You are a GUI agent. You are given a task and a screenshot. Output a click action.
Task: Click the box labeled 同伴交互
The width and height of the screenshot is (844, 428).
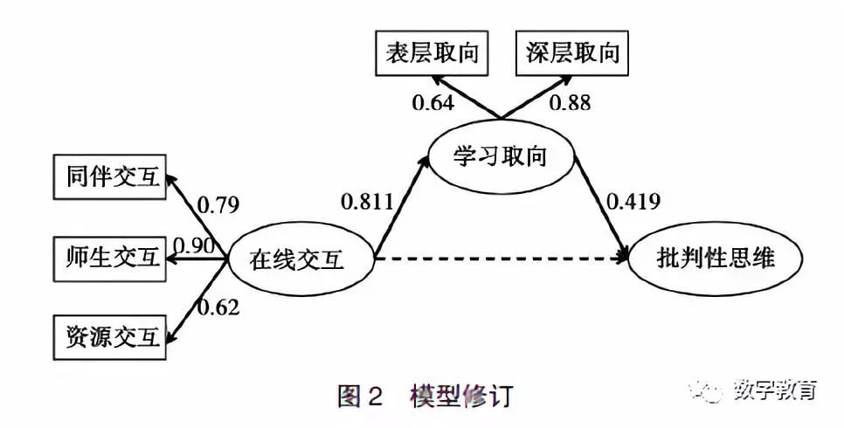(x=109, y=177)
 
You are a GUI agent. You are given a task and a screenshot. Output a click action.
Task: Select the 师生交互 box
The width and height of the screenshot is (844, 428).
(x=109, y=257)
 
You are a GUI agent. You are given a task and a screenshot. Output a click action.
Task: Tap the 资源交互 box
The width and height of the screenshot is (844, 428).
(x=109, y=336)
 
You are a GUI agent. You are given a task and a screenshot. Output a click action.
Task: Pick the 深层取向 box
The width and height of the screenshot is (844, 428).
(x=571, y=52)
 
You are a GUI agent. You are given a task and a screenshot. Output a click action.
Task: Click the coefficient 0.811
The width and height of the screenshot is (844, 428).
(x=366, y=203)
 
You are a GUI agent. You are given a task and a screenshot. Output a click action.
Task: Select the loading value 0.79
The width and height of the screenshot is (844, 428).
(x=218, y=206)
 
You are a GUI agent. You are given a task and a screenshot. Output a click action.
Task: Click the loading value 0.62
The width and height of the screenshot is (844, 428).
(x=218, y=307)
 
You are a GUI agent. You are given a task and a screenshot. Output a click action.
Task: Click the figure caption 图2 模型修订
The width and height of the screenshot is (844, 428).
(x=425, y=395)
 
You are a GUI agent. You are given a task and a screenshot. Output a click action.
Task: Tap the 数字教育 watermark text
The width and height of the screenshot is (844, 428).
(x=775, y=390)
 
